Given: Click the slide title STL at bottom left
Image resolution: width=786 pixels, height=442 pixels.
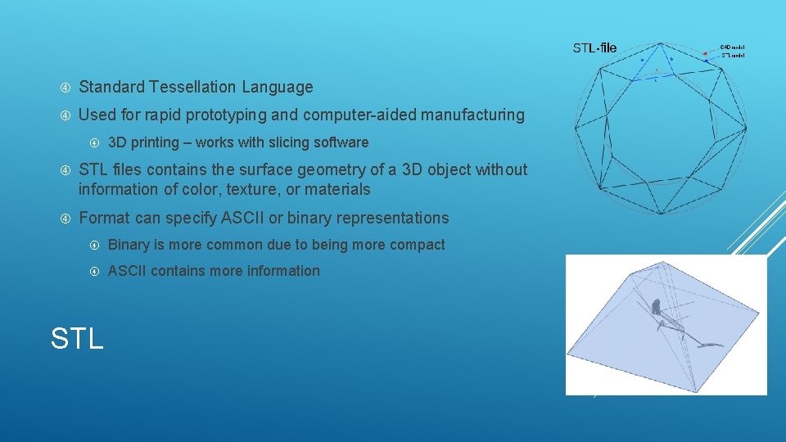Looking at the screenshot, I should click(x=77, y=337).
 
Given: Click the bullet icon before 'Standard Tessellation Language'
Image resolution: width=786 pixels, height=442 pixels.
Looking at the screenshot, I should click(x=65, y=87).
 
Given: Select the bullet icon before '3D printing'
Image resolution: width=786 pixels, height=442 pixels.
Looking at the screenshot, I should click(x=93, y=142).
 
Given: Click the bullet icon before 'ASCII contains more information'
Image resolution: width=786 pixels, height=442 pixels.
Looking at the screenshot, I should click(x=93, y=271).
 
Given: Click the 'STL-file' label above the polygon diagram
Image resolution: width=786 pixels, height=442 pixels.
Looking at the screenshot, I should click(x=594, y=48).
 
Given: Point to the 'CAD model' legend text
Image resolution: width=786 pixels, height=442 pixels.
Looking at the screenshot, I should click(x=732, y=47).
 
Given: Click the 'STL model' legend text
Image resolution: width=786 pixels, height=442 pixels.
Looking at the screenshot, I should click(x=732, y=55).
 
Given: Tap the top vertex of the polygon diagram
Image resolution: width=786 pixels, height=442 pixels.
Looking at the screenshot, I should click(x=660, y=43).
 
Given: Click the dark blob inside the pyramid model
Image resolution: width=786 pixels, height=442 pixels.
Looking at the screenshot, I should click(x=656, y=307).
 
